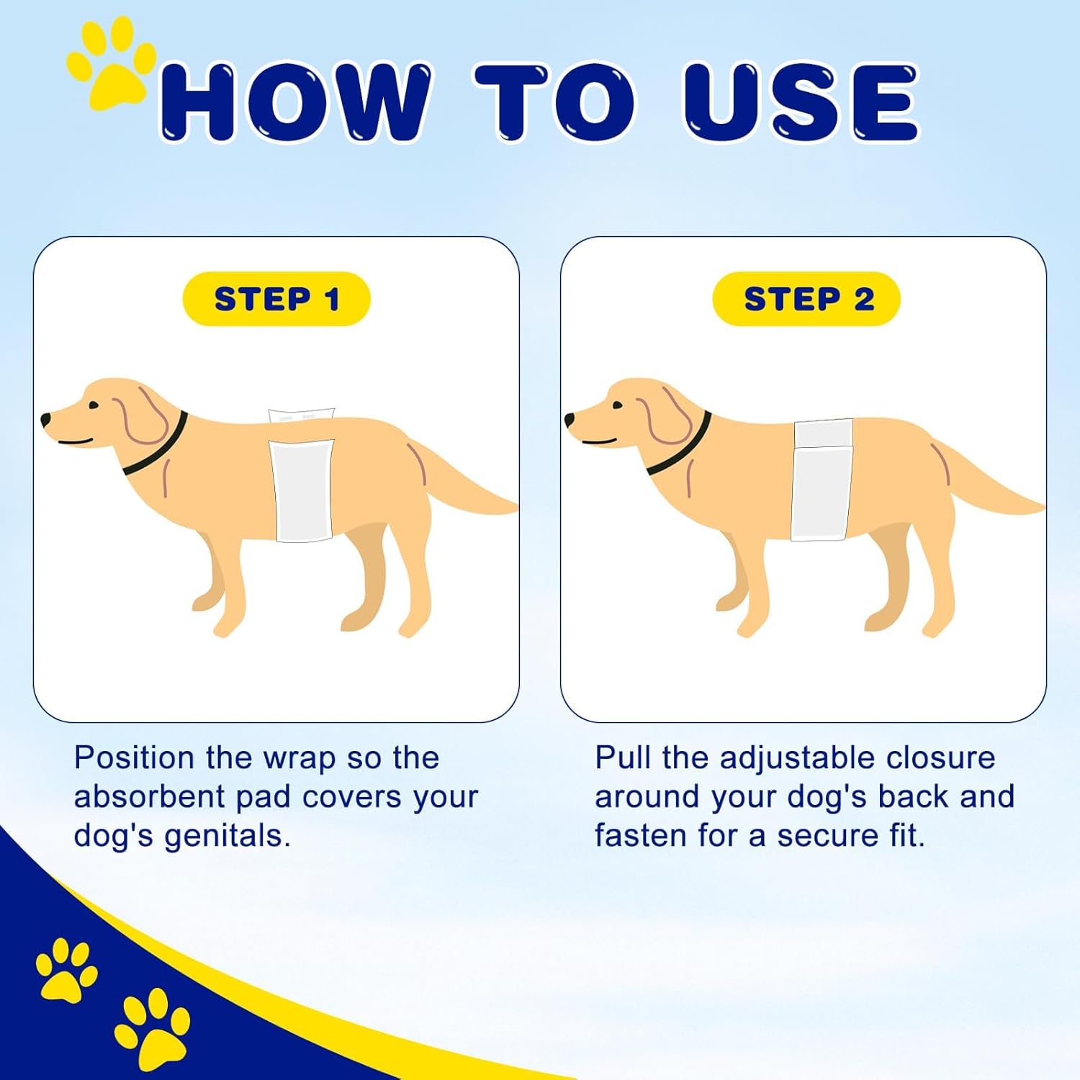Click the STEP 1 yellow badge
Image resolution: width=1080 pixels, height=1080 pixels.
(276, 299)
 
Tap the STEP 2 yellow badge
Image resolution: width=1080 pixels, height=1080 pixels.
(806, 299)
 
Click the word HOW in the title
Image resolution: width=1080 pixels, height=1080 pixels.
(295, 102)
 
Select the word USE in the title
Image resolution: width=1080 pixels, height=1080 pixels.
(801, 102)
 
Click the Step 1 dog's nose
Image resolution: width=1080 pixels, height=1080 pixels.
(46, 418)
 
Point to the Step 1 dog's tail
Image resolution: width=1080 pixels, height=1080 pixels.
(468, 475)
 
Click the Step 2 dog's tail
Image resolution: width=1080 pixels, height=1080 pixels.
(994, 475)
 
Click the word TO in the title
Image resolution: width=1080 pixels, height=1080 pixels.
(555, 102)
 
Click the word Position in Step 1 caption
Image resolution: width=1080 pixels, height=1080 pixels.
(135, 757)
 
